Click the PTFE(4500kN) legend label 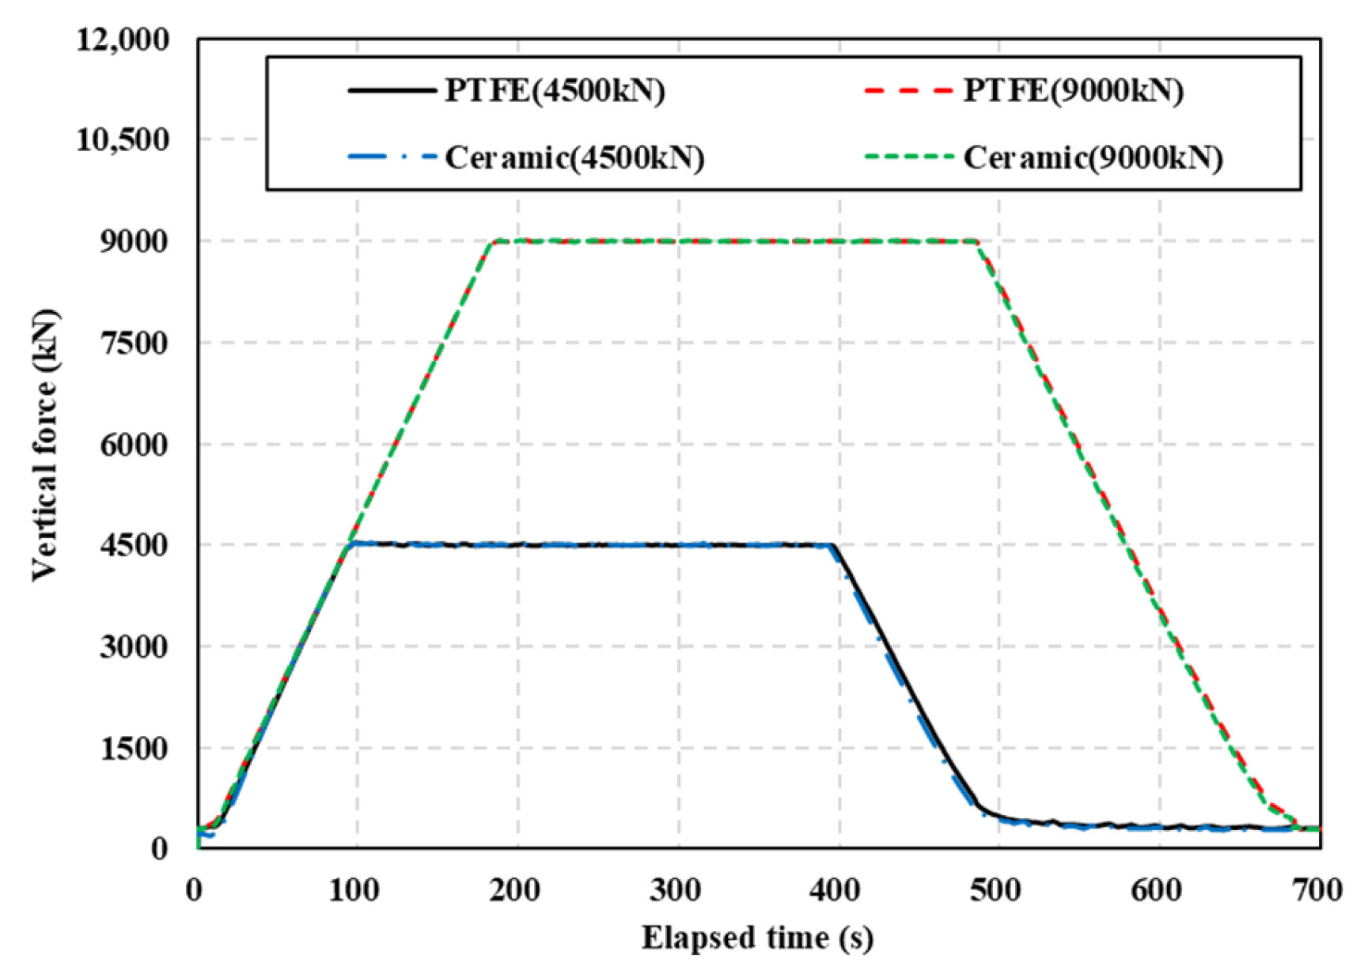click(x=554, y=91)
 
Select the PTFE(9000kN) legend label click(x=1073, y=91)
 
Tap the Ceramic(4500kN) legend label click(x=574, y=158)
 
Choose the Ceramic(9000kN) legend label click(x=1093, y=158)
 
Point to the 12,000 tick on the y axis click(x=123, y=39)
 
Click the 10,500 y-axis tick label click(x=123, y=140)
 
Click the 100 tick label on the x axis click(x=355, y=890)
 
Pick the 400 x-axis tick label click(x=837, y=890)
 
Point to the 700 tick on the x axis click(x=1317, y=890)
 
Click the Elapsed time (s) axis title click(x=757, y=938)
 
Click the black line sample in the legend click(x=392, y=90)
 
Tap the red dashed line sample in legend click(x=910, y=90)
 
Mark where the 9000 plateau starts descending click(x=978, y=242)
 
